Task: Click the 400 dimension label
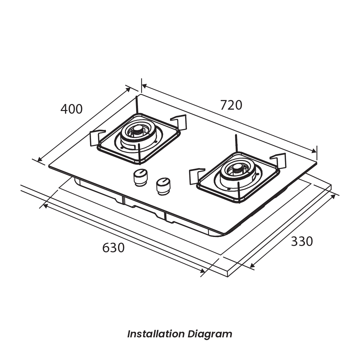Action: click(71, 109)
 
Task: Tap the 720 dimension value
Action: click(231, 105)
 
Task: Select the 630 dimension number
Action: click(113, 248)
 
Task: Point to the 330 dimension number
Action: click(302, 241)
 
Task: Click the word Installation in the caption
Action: click(156, 334)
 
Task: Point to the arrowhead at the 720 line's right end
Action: click(314, 151)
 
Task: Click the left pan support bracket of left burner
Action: click(95, 138)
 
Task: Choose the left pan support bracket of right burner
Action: click(194, 176)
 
